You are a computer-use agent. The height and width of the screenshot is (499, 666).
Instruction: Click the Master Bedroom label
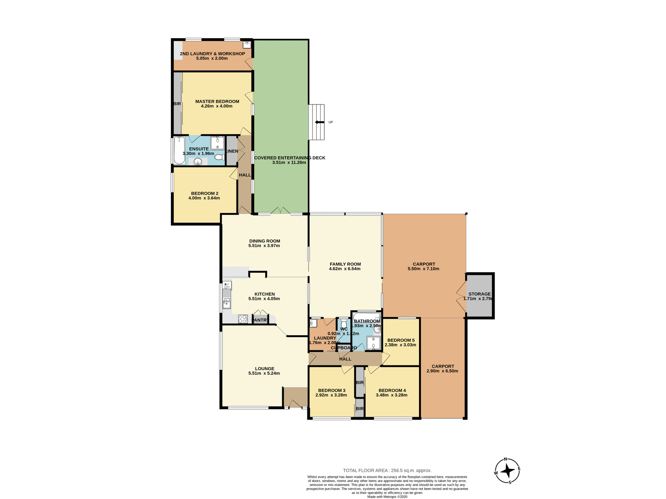click(217, 102)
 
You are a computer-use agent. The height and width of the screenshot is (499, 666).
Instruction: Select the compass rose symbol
click(507, 471)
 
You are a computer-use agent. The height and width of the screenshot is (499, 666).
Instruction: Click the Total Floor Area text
click(387, 471)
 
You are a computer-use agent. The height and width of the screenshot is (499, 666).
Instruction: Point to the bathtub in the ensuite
click(179, 150)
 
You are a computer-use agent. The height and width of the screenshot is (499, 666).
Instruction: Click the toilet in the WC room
click(344, 323)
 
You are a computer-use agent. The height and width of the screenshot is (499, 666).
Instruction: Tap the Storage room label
click(479, 294)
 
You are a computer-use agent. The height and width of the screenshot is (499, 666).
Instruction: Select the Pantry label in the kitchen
click(261, 320)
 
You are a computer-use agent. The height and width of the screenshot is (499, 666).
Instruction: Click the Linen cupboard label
click(232, 151)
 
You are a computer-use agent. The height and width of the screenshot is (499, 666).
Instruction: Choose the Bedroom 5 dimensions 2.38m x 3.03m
click(400, 345)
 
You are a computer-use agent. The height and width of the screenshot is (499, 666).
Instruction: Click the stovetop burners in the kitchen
click(242, 319)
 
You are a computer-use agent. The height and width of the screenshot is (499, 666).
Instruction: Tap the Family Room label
click(345, 264)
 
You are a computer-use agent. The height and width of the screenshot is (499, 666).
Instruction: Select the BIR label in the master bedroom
click(177, 104)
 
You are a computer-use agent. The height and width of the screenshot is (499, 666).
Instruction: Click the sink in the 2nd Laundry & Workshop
click(247, 45)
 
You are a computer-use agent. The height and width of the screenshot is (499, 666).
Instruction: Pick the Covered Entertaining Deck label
click(290, 158)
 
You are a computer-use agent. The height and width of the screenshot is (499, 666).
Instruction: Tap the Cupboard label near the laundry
click(344, 348)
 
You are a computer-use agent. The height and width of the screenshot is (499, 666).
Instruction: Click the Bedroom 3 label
click(332, 390)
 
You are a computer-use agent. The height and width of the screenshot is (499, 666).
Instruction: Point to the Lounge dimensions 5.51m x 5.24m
click(264, 373)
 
